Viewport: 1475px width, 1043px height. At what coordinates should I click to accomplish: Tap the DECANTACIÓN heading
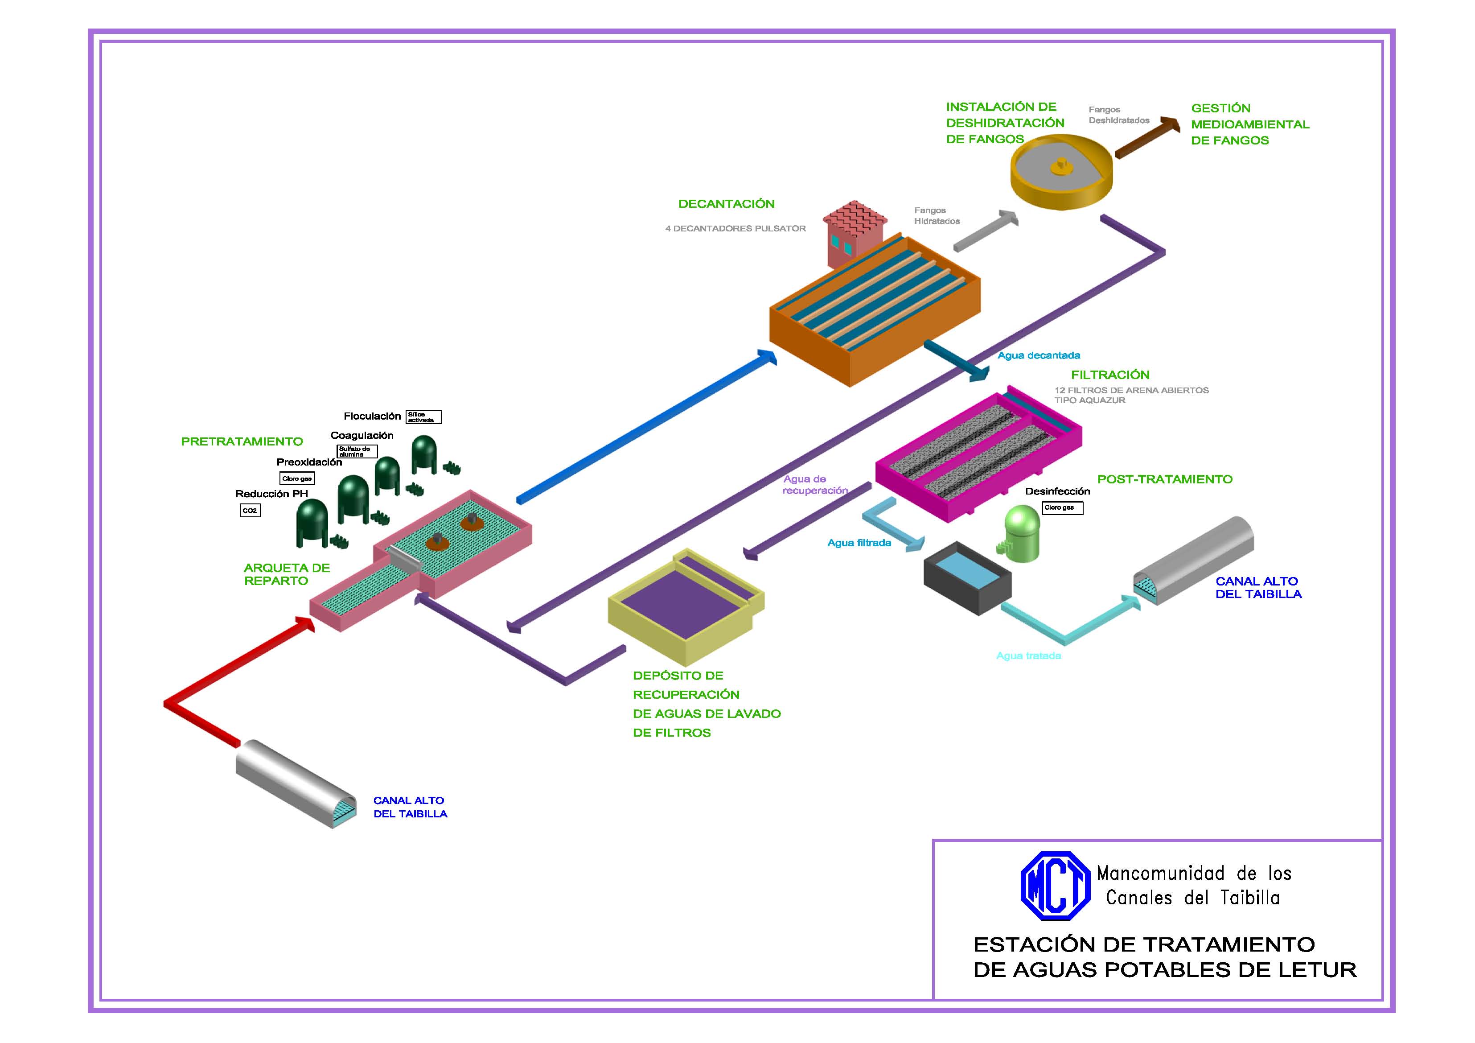tap(726, 204)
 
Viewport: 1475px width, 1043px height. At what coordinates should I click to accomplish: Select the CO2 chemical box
tap(250, 510)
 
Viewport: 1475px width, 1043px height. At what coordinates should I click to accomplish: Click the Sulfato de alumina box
tap(357, 451)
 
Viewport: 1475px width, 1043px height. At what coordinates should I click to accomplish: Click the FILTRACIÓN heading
tap(1109, 375)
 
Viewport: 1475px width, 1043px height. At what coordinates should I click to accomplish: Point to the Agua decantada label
tap(1038, 355)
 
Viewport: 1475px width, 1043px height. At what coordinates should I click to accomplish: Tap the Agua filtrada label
tap(859, 543)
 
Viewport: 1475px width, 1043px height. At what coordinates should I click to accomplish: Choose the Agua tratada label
tap(1028, 655)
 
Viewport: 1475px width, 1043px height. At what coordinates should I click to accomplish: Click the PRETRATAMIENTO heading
tap(242, 441)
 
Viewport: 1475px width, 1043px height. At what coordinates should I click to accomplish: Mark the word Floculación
tap(372, 416)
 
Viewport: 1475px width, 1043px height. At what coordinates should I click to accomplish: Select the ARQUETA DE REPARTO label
tap(287, 574)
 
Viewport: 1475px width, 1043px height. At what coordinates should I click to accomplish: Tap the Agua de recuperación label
tap(814, 485)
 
